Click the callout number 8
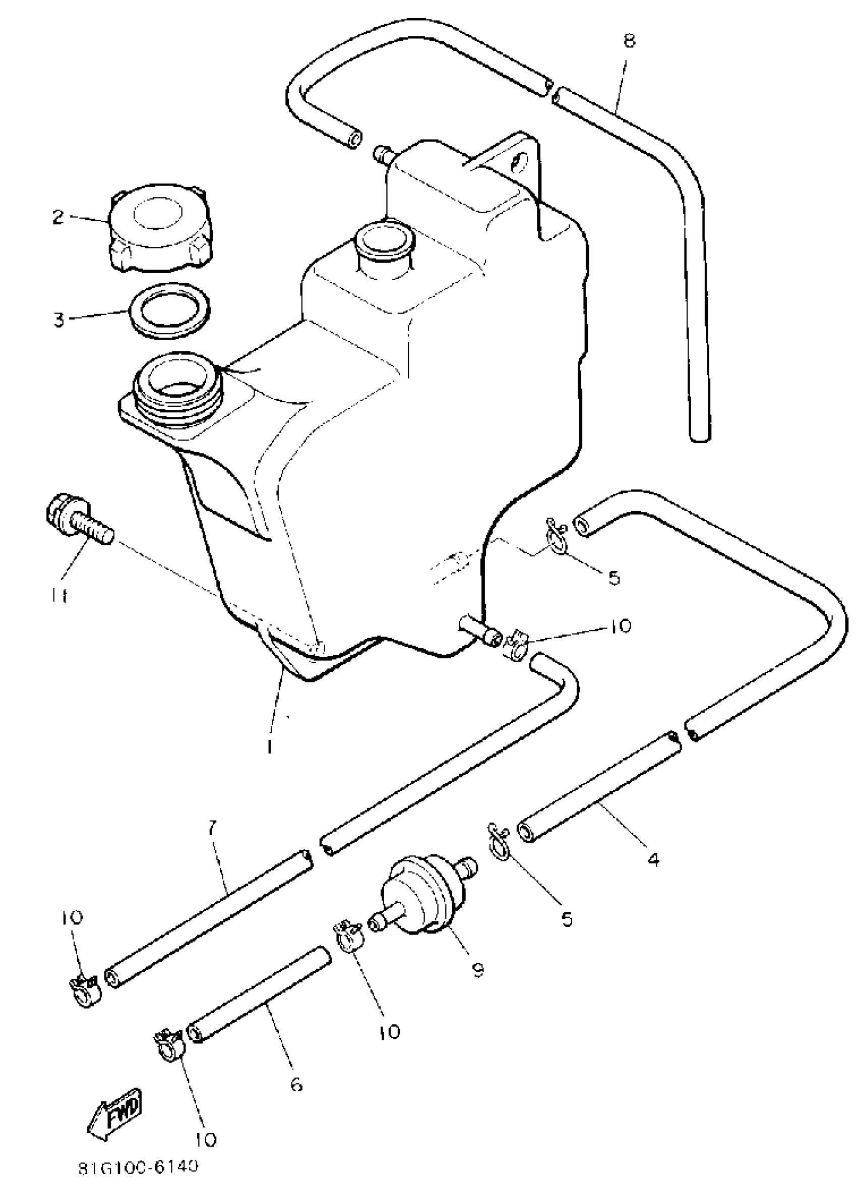(629, 41)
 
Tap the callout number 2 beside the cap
(58, 217)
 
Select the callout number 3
(59, 319)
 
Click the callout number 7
(211, 828)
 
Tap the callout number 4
(653, 860)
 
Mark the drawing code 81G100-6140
(139, 1182)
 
